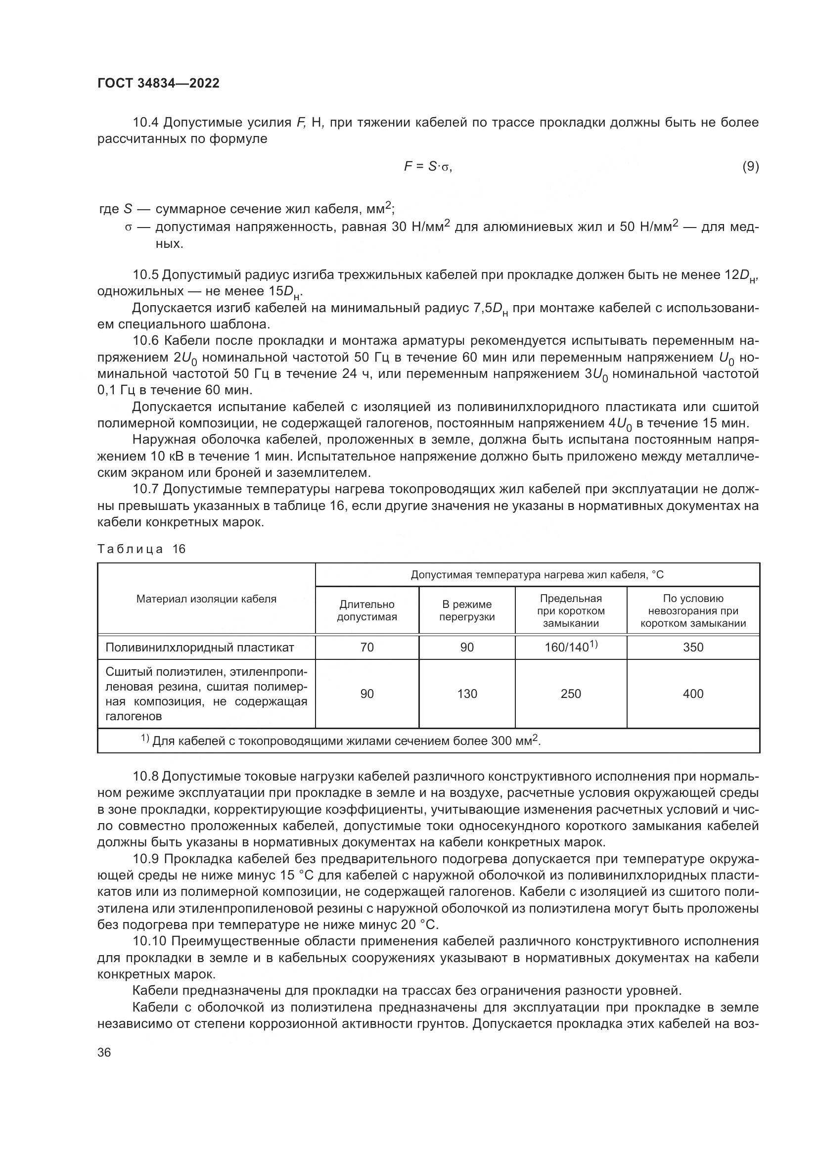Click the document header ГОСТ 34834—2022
click(158, 83)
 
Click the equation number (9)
click(750, 166)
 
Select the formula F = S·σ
click(428, 166)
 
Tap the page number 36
click(104, 1052)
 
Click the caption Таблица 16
click(141, 549)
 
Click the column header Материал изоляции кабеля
click(206, 599)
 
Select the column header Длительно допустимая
click(366, 611)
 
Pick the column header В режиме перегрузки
click(466, 611)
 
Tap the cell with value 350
click(692, 648)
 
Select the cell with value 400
click(692, 694)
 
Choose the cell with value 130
click(466, 694)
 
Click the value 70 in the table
click(366, 648)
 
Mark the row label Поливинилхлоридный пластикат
click(199, 648)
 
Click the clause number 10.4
click(145, 123)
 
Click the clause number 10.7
click(145, 489)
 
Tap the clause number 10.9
click(145, 859)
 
